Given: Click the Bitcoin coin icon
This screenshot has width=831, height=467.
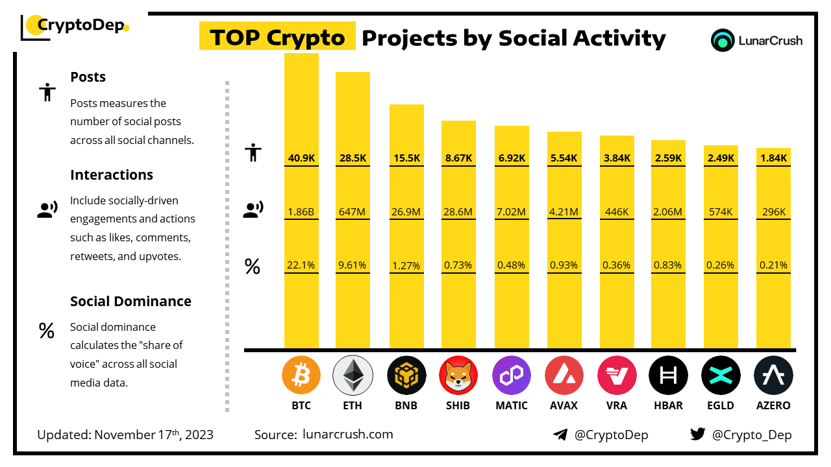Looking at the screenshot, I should click(x=301, y=376).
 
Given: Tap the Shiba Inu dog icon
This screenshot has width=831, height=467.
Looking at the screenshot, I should click(x=458, y=376).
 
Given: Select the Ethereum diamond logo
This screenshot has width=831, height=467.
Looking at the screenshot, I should click(x=353, y=376).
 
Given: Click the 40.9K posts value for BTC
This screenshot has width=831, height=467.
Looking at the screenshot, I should click(x=301, y=158).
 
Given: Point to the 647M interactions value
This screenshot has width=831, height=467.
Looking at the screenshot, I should click(x=353, y=211).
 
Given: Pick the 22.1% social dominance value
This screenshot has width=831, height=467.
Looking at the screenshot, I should click(x=301, y=265).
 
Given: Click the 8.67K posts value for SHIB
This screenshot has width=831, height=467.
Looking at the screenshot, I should click(x=458, y=158).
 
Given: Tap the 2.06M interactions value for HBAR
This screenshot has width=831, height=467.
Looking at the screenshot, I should click(x=668, y=211).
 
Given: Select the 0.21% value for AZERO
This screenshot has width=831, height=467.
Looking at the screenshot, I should click(x=773, y=265).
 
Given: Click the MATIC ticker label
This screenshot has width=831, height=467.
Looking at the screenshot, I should click(x=511, y=406).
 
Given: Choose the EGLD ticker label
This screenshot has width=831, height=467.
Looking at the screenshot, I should click(x=721, y=406).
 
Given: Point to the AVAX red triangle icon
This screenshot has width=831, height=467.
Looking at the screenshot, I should click(x=564, y=376).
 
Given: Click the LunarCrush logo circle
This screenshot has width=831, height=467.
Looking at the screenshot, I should click(x=723, y=40).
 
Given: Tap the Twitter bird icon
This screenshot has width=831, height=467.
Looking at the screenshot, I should click(x=698, y=435).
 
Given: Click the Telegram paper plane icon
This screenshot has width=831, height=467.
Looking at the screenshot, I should click(x=560, y=435).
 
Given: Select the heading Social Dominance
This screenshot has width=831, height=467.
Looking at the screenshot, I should click(x=130, y=302).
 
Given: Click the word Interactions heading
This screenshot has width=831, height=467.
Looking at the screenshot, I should click(x=112, y=175).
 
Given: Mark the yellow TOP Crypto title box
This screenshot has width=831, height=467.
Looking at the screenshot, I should click(x=277, y=38).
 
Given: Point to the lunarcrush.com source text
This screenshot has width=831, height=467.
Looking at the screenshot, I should click(x=348, y=435).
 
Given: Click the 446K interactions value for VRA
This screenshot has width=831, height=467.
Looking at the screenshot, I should click(x=616, y=211).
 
